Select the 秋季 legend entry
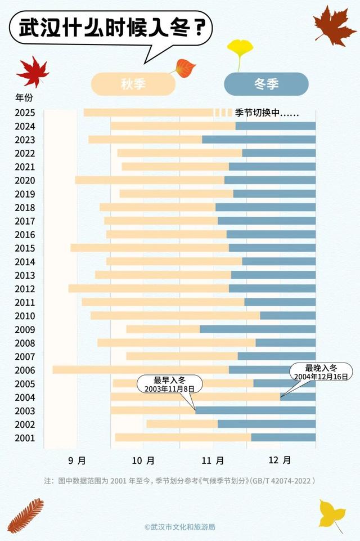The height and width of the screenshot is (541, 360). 133,84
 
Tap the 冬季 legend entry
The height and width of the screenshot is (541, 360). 266,84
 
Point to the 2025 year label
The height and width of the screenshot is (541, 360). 25,113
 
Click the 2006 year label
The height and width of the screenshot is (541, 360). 25,370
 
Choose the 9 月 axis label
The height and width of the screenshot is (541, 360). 77,460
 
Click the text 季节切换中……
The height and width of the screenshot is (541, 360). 267,113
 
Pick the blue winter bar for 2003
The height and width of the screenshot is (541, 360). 255,411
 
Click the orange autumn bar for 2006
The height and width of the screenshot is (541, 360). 141,370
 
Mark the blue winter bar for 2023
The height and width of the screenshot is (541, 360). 259,140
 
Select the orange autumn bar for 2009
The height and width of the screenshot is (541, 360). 163,329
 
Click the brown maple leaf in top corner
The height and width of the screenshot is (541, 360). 334,26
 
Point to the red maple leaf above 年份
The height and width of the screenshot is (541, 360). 33,71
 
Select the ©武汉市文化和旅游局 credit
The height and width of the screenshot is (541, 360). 179,527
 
